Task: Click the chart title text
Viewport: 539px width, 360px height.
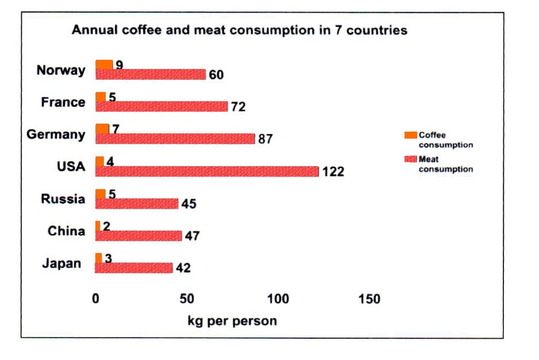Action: pyautogui.click(x=239, y=30)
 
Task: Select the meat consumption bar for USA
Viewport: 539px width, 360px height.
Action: pyautogui.click(x=207, y=171)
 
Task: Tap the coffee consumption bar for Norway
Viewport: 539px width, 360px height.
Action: pyautogui.click(x=104, y=64)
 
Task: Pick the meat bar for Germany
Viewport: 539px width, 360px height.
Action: pyautogui.click(x=175, y=139)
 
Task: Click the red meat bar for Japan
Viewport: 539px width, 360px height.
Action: pyautogui.click(x=134, y=268)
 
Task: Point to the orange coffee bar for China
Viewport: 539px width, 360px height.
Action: pyautogui.click(x=98, y=225)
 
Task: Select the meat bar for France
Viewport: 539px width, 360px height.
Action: pyautogui.click(x=161, y=106)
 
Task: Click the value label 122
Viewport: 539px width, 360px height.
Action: pyautogui.click(x=333, y=172)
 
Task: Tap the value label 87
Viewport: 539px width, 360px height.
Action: pyautogui.click(x=265, y=139)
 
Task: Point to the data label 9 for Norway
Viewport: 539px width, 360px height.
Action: pyautogui.click(x=119, y=64)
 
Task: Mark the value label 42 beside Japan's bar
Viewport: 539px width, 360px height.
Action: pyautogui.click(x=183, y=268)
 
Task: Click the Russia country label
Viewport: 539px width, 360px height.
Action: pyautogui.click(x=63, y=199)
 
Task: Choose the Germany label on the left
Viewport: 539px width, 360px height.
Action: pyautogui.click(x=56, y=135)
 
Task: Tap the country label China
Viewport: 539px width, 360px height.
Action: pyautogui.click(x=66, y=231)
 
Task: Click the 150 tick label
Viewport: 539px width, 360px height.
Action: pyautogui.click(x=369, y=299)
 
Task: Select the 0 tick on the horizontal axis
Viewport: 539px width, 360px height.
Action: pyautogui.click(x=96, y=299)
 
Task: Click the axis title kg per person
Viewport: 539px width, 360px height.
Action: pyautogui.click(x=232, y=321)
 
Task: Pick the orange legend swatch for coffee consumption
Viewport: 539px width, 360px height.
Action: pyautogui.click(x=410, y=135)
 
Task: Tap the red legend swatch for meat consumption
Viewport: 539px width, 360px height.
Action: pyautogui.click(x=410, y=159)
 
